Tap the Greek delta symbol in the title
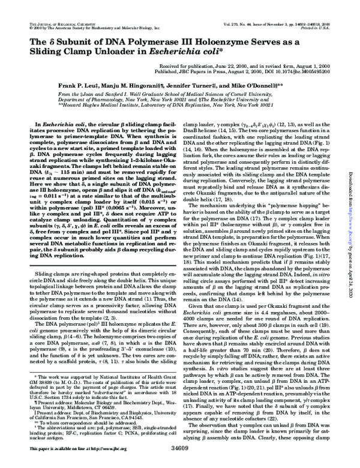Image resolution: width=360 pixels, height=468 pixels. click(47, 41)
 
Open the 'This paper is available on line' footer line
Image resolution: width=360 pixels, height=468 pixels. click(59, 464)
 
